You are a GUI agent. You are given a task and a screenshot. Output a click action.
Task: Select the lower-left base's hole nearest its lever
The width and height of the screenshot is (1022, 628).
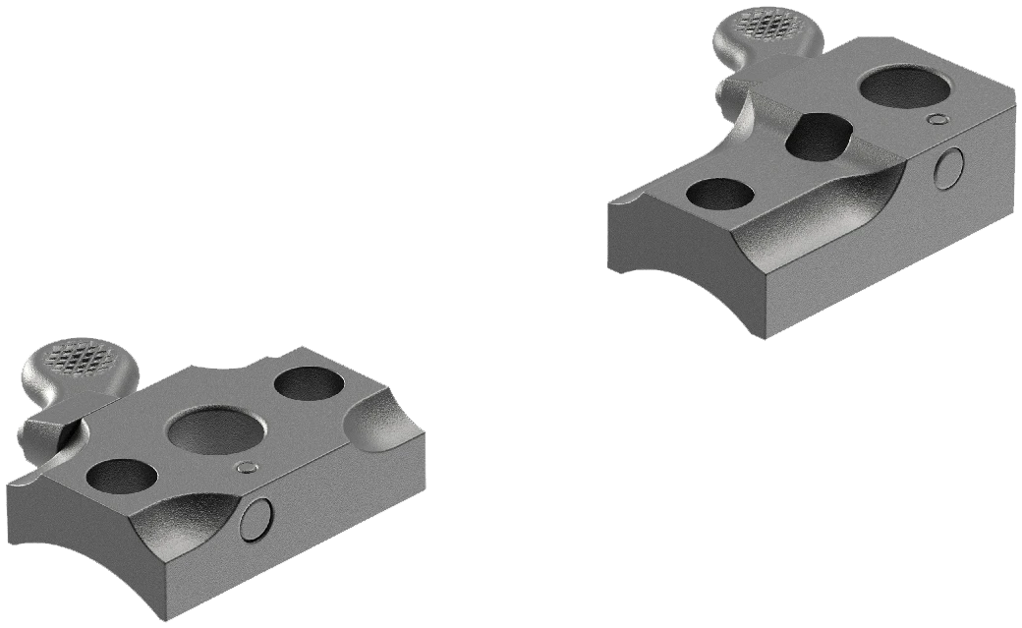pyautogui.click(x=121, y=476)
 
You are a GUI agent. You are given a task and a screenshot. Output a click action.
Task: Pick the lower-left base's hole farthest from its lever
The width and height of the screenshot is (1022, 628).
pyautogui.click(x=307, y=383)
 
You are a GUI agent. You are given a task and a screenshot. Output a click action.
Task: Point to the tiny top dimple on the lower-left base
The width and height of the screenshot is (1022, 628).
pyautogui.click(x=247, y=467)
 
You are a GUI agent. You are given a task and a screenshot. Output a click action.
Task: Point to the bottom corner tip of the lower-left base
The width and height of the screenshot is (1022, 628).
pyautogui.click(x=158, y=617)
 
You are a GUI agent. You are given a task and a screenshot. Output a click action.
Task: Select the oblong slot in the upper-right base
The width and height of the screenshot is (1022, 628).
pyautogui.click(x=818, y=135)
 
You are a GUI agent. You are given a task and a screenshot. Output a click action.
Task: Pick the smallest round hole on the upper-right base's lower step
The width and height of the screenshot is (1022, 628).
pyautogui.click(x=715, y=194)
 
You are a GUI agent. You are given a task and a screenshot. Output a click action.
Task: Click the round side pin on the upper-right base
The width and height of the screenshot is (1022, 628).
pyautogui.click(x=947, y=168)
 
